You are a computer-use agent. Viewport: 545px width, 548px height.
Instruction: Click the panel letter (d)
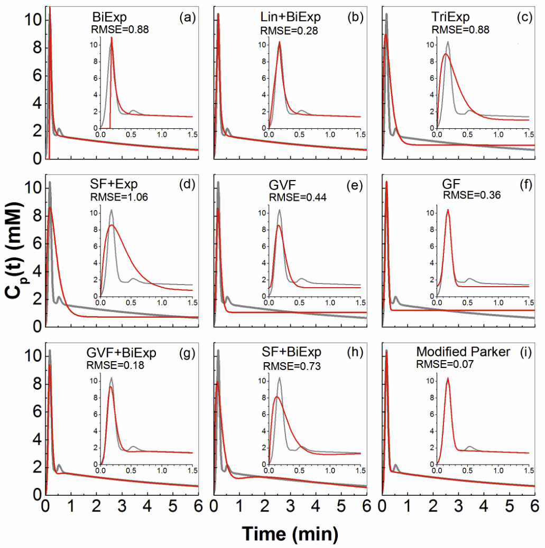coord(188,185)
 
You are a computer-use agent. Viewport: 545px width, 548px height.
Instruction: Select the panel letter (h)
coord(357,352)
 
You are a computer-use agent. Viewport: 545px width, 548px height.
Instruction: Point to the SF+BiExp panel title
coord(292,352)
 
